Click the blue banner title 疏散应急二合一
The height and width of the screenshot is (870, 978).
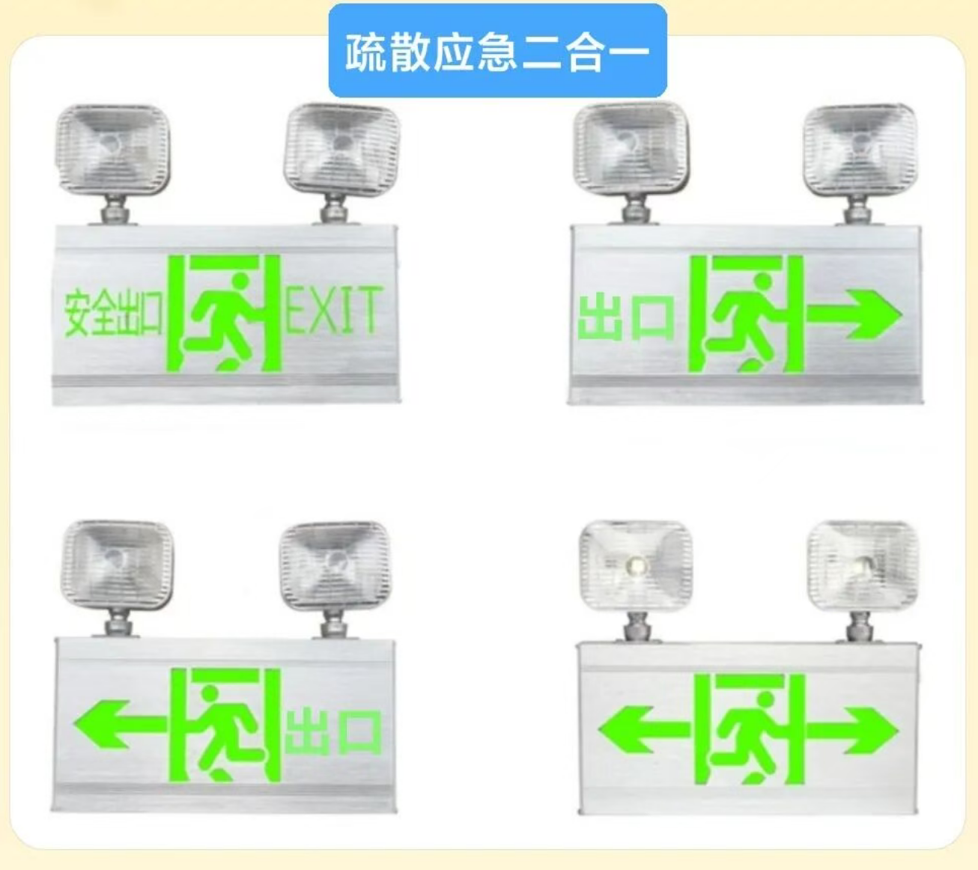(x=497, y=52)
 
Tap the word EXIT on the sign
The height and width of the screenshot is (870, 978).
(x=333, y=309)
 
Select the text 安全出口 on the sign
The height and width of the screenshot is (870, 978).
(x=113, y=313)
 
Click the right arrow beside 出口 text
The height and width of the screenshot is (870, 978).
(x=854, y=314)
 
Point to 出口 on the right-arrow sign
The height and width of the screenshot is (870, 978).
(x=626, y=317)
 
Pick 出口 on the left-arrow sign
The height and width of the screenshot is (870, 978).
(x=333, y=733)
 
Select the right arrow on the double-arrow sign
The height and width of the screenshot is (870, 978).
(x=852, y=731)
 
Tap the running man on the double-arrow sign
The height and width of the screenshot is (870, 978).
(x=749, y=737)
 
